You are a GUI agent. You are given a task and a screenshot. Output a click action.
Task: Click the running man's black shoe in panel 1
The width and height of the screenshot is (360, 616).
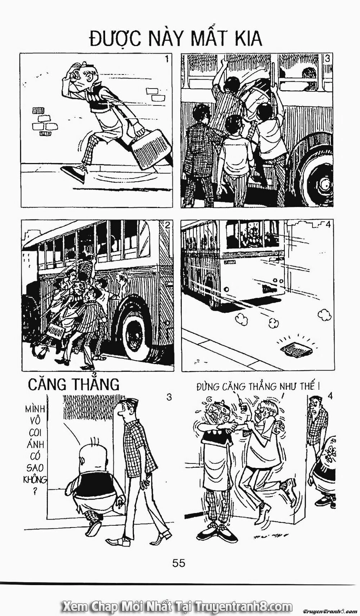76,174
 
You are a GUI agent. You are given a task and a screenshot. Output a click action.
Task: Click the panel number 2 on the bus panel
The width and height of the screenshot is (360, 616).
167,226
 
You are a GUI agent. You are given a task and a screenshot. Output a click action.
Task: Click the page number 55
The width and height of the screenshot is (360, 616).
179,562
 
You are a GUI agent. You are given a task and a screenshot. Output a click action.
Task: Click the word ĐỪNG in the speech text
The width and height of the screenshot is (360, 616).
209,387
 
